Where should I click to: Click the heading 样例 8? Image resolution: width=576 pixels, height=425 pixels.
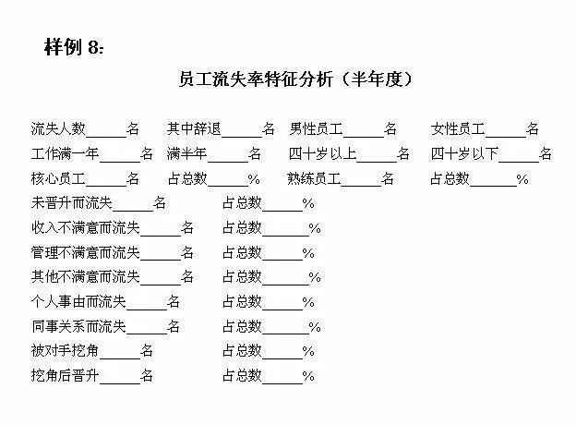pyautogui.click(x=74, y=47)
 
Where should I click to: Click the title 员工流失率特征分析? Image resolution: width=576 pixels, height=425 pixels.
pyautogui.click(x=256, y=79)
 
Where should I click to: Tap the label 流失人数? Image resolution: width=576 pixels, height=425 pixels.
pyautogui.click(x=58, y=128)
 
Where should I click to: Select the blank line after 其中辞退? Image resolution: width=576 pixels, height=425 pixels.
pyautogui.click(x=242, y=137)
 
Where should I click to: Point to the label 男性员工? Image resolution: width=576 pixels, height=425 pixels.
pyautogui.click(x=316, y=128)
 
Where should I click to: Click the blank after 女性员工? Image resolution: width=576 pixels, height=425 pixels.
pyautogui.click(x=506, y=137)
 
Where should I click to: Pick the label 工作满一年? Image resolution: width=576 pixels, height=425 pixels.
pyautogui.click(x=65, y=153)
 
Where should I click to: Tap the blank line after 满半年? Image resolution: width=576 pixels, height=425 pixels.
pyautogui.click(x=228, y=162)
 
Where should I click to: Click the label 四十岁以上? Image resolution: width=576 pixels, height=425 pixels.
pyautogui.click(x=322, y=153)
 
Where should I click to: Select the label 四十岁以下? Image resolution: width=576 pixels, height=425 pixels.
pyautogui.click(x=464, y=153)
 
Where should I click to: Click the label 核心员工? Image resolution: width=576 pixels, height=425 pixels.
pyautogui.click(x=58, y=178)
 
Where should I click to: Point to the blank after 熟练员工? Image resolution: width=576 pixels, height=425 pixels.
pyautogui.click(x=361, y=187)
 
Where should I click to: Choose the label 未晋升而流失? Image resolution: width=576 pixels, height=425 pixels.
pyautogui.click(x=72, y=203)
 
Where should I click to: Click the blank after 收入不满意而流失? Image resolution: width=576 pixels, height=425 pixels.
pyautogui.click(x=161, y=236)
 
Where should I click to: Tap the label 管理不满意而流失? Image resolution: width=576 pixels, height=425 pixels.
pyautogui.click(x=86, y=252)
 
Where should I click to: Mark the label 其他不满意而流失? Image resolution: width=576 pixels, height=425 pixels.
pyautogui.click(x=86, y=276)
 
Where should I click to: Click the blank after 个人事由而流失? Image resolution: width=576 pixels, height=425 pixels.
pyautogui.click(x=147, y=310)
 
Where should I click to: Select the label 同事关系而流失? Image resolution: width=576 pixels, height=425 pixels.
pyautogui.click(x=78, y=326)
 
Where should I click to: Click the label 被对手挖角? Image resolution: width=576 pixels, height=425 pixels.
pyautogui.click(x=65, y=351)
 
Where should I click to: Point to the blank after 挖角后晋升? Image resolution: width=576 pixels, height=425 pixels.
pyautogui.click(x=120, y=383)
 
